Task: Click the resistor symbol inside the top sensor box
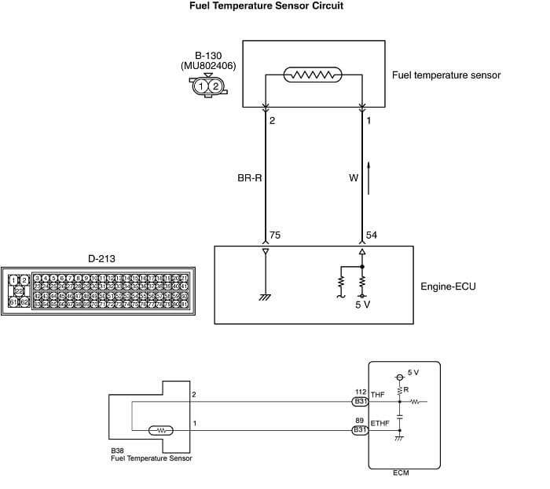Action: click(313, 75)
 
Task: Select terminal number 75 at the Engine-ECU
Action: click(275, 235)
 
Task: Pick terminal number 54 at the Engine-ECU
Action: click(372, 235)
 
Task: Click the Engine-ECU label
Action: click(449, 286)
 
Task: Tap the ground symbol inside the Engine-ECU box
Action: click(266, 297)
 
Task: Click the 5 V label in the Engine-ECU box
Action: click(362, 305)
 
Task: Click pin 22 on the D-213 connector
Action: click(20, 290)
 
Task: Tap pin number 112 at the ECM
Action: click(361, 391)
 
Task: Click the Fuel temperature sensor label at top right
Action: click(445, 76)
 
